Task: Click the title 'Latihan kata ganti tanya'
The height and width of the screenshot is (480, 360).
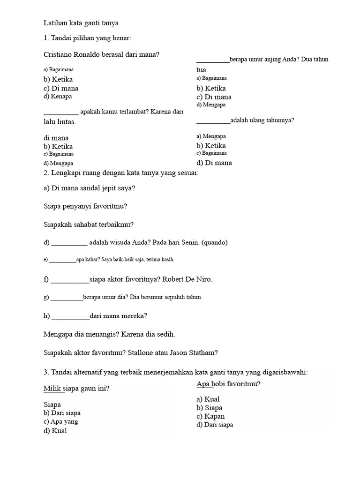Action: pos(81,22)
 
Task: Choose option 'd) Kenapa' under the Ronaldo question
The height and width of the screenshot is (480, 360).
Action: pos(58,97)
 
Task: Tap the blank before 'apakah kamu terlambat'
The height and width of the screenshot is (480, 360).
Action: pos(61,112)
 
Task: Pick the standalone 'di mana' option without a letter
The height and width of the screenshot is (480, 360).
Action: pos(56,138)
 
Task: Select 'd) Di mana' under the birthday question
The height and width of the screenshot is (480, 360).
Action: pos(214,163)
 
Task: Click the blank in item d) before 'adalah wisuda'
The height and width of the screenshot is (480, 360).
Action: pos(69,243)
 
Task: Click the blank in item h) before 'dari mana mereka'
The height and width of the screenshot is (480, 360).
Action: pos(70,316)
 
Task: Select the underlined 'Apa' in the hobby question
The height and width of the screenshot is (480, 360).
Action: pos(203,384)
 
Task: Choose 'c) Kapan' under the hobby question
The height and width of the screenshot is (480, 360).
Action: pos(210,416)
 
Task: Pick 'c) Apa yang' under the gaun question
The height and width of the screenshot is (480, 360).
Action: pos(61,421)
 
